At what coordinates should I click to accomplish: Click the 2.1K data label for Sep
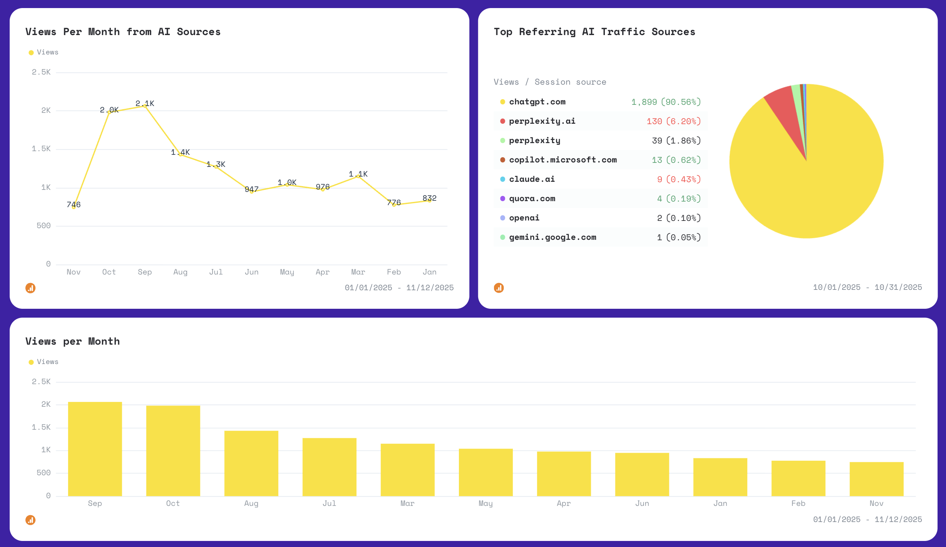[145, 104]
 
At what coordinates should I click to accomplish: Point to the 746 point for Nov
[73, 207]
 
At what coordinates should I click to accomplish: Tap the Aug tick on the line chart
[180, 272]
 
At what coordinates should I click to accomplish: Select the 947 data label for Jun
[251, 189]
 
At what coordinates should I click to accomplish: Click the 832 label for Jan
[429, 198]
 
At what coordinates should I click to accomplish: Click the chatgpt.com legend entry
[537, 102]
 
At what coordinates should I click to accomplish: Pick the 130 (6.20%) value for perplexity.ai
[673, 121]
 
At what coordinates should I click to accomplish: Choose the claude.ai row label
[532, 179]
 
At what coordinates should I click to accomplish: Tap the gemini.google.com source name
[552, 237]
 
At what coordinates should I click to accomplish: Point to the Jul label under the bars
[329, 503]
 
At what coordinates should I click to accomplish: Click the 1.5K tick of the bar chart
[41, 427]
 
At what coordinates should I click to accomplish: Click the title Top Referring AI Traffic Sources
[594, 32]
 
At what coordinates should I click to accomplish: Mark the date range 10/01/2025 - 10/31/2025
[867, 287]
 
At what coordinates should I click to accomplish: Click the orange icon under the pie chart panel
[499, 288]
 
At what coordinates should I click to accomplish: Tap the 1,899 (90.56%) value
[666, 102]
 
